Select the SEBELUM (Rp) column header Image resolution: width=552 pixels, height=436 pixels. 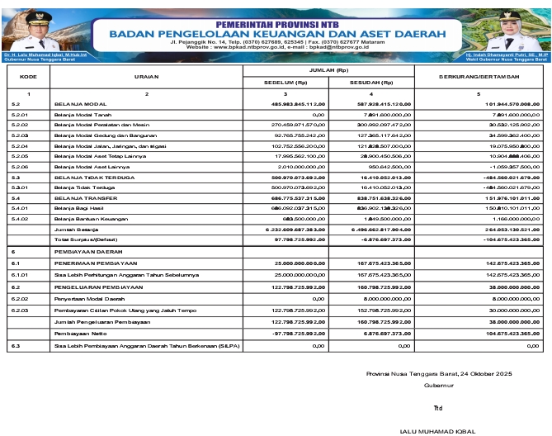coord(286,83)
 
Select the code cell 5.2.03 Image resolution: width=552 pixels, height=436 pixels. coord(21,134)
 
